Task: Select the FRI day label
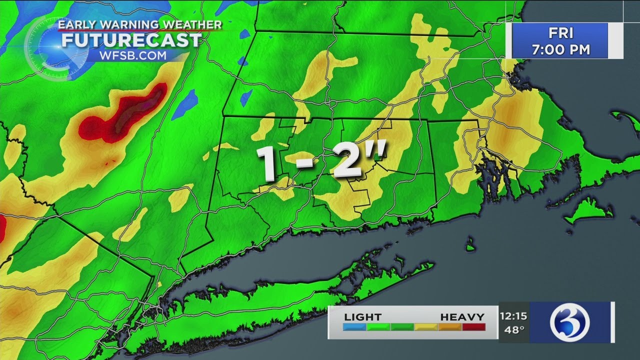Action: (x=560, y=33)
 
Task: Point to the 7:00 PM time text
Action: (x=560, y=49)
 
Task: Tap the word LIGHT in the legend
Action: (x=362, y=317)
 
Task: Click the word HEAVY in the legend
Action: (x=462, y=317)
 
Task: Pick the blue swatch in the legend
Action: (x=355, y=327)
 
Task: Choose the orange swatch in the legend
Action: (x=449, y=327)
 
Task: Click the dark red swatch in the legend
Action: (x=473, y=327)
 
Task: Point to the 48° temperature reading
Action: (x=513, y=329)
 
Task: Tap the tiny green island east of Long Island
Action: (x=470, y=245)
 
